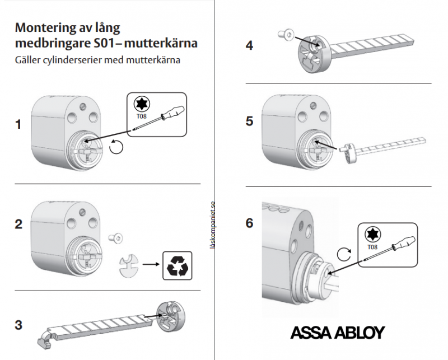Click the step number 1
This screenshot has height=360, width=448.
click(x=18, y=124)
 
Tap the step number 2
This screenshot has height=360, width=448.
click(x=18, y=224)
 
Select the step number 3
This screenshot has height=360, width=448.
click(x=18, y=325)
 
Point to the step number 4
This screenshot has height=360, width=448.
click(x=249, y=45)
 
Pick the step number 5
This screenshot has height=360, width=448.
click(x=249, y=121)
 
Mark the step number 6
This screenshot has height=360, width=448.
click(x=249, y=223)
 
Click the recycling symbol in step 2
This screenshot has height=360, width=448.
click(x=178, y=266)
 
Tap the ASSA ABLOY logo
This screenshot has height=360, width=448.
click(x=338, y=333)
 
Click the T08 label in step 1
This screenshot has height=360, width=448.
click(x=142, y=116)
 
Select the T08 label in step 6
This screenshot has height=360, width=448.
click(x=372, y=247)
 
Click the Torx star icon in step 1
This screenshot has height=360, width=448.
click(x=142, y=104)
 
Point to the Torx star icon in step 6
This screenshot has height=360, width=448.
click(x=373, y=235)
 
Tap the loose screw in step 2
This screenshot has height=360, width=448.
click(x=115, y=238)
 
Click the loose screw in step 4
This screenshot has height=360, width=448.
click(x=286, y=34)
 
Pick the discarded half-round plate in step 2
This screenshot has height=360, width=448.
click(x=129, y=266)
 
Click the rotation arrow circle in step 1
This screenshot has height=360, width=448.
click(x=116, y=147)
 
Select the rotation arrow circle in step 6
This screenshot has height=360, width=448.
click(x=344, y=254)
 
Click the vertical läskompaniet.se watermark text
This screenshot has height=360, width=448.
click(x=212, y=225)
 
